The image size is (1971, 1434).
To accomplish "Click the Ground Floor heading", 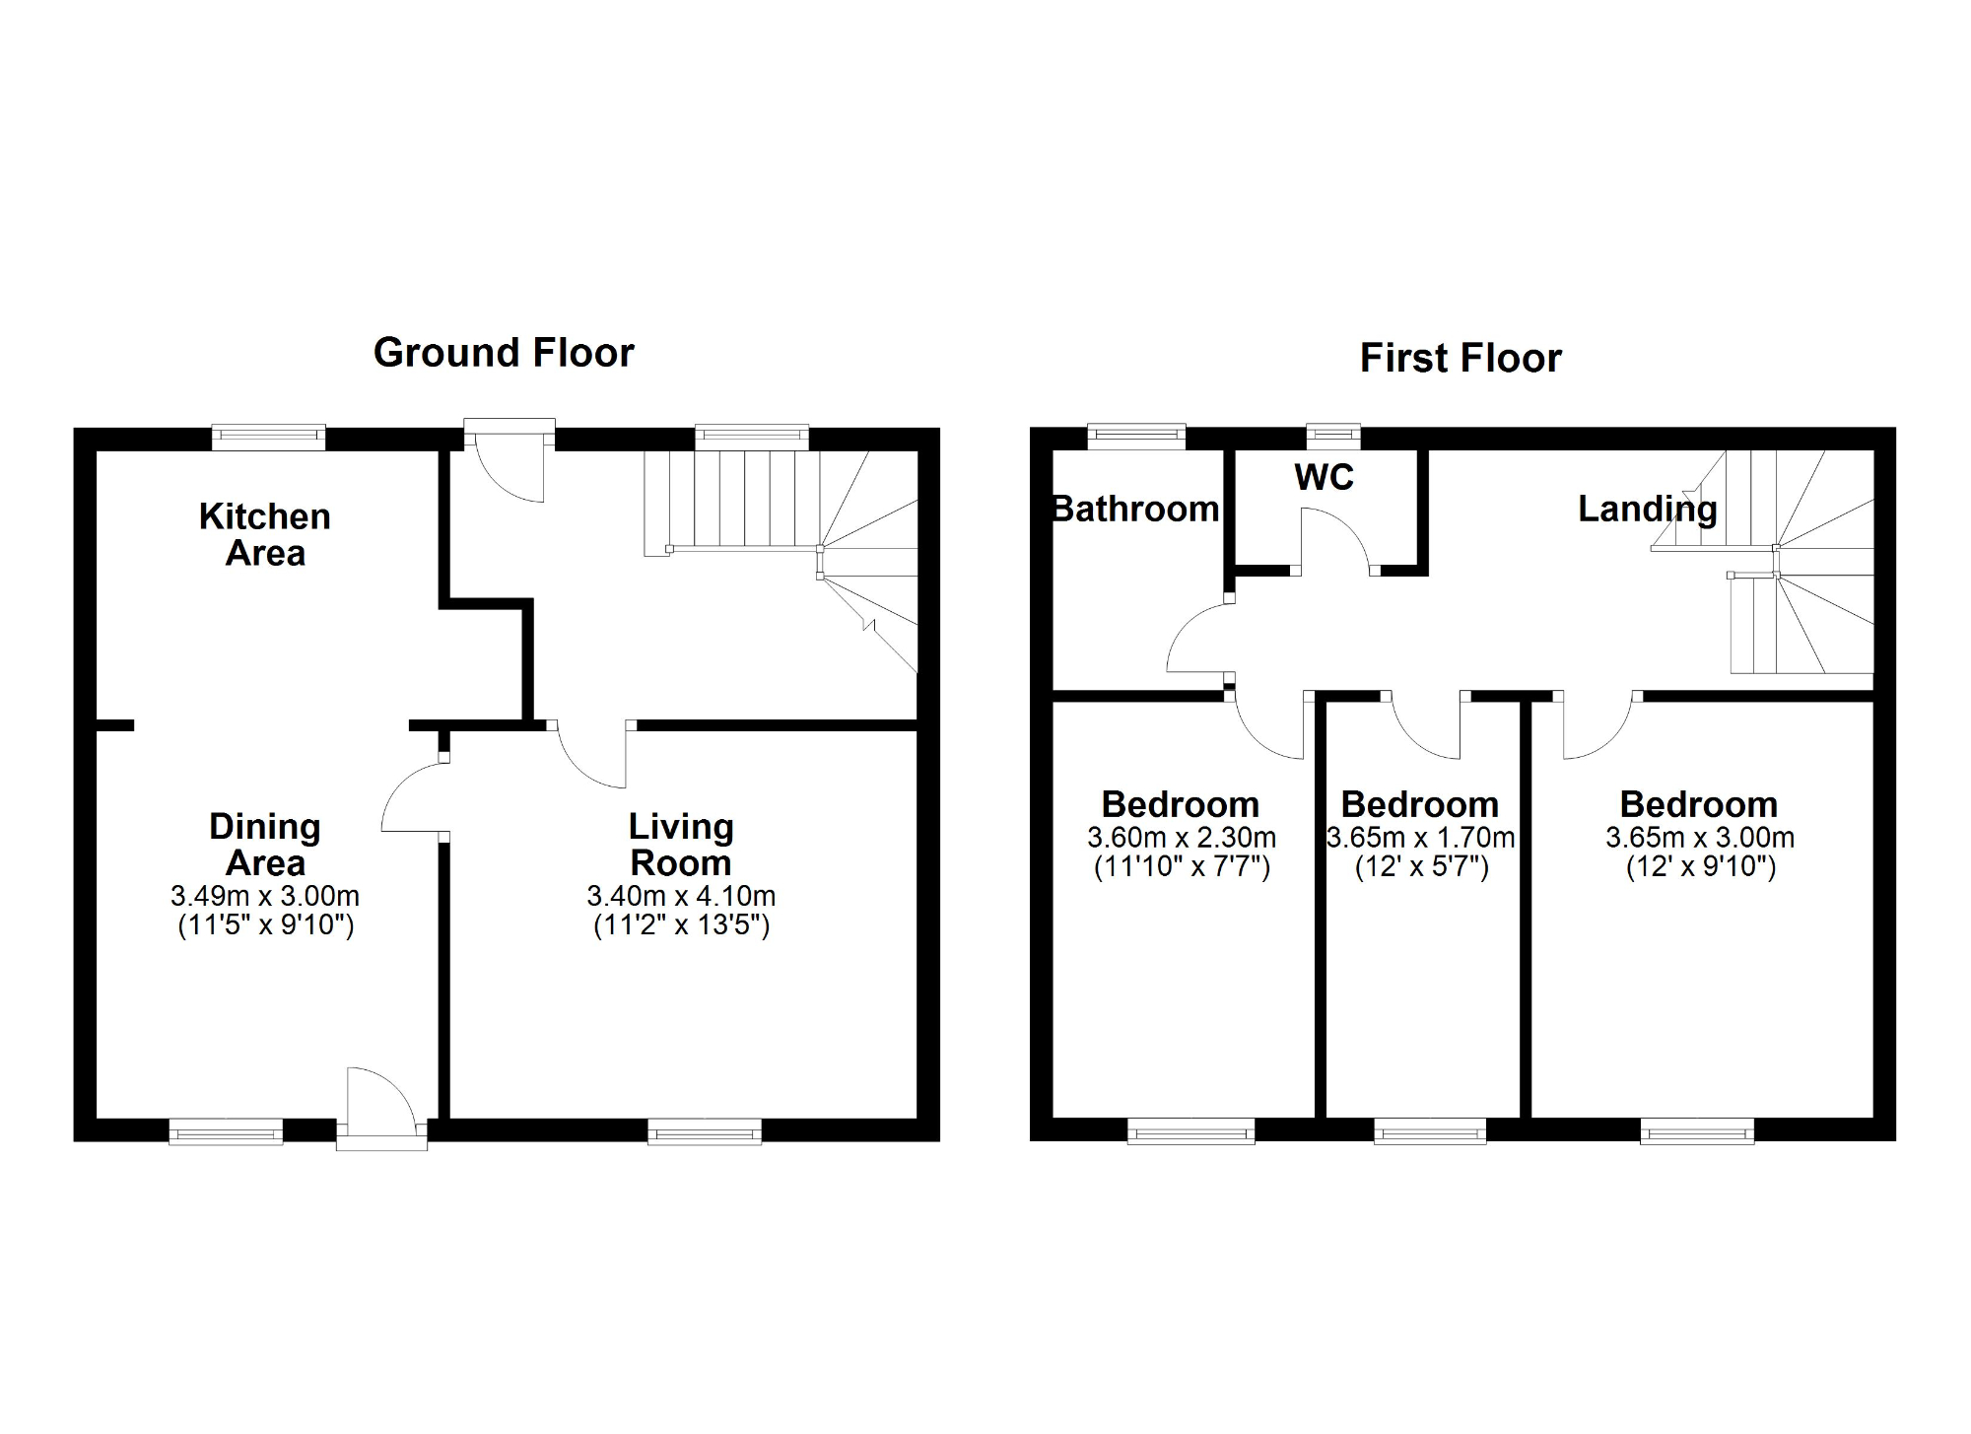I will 504,353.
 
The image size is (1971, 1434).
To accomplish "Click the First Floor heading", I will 1461,358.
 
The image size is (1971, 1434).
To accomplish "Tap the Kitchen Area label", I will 264,534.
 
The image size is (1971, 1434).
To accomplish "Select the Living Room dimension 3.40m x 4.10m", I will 681,896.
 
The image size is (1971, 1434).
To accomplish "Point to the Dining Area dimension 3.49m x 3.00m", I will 264,896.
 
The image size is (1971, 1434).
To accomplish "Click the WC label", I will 1324,477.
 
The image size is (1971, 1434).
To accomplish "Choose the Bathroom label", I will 1135,509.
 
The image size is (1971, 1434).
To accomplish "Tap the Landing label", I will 1647,509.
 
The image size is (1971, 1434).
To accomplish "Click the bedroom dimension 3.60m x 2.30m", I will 1181,838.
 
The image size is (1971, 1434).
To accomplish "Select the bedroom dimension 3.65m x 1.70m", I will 1420,838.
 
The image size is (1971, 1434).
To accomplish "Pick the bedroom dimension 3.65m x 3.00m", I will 1699,838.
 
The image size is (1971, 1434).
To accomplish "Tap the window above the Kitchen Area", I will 268,437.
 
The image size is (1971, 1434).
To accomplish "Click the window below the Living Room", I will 705,1131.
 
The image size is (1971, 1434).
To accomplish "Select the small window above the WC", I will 1332,435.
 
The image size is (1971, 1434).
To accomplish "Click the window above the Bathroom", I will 1136,436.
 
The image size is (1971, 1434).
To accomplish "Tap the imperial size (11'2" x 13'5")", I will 681,925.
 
